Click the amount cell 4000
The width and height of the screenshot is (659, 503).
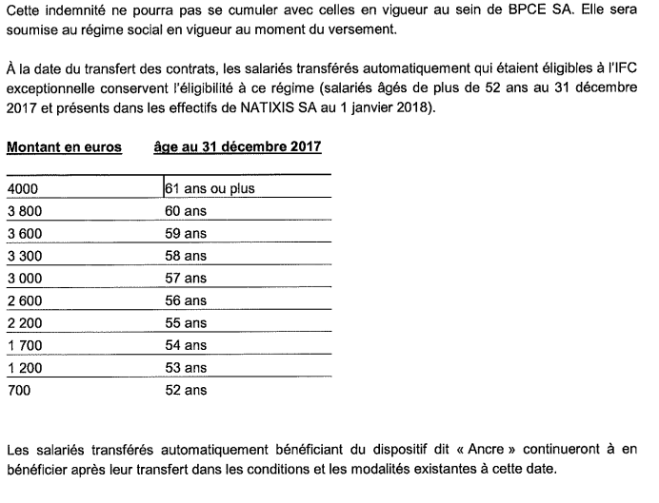click(22, 188)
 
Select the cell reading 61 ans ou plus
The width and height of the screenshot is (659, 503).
click(210, 188)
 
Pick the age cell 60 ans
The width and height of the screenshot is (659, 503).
click(186, 211)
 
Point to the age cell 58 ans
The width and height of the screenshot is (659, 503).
click(186, 256)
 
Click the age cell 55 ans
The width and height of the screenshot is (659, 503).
click(186, 323)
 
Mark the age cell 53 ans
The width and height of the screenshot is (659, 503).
click(186, 368)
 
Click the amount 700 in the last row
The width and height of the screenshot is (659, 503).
click(18, 390)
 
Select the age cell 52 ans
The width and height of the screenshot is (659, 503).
click(186, 390)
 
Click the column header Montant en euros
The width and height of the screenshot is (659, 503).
click(65, 147)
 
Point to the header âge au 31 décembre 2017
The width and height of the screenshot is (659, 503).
click(237, 147)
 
